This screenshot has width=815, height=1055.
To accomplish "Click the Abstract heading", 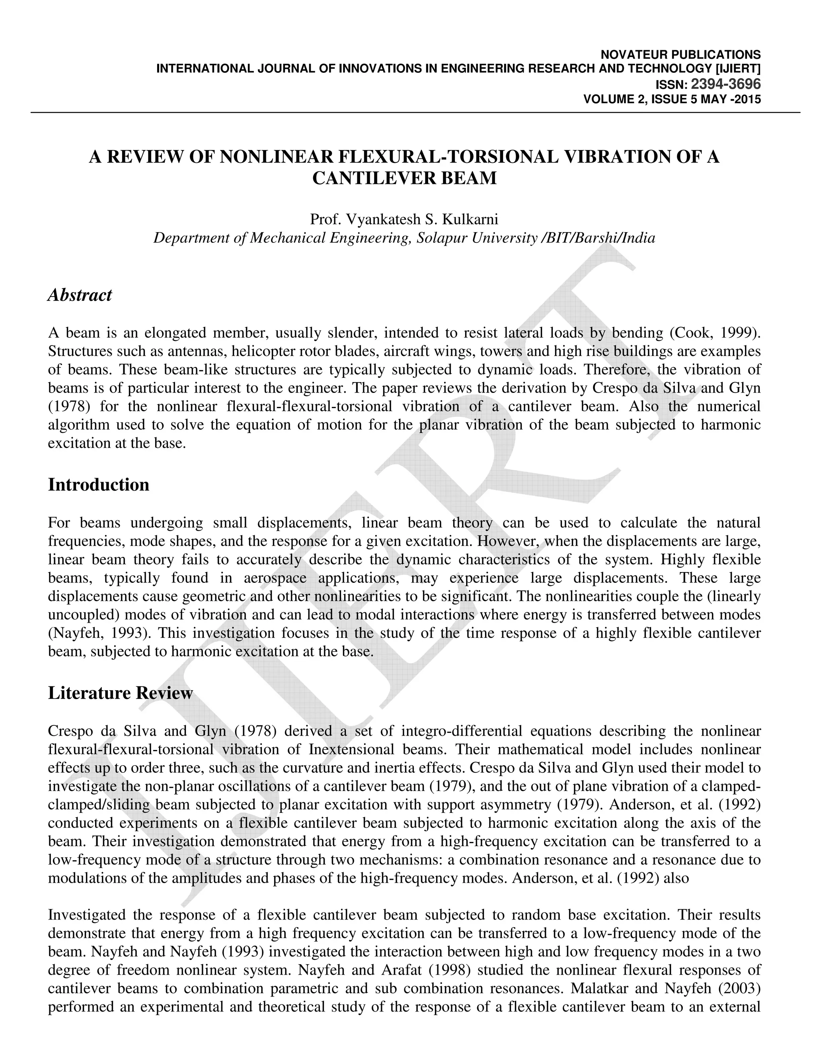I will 80,295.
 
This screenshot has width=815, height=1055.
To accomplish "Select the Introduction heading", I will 99,485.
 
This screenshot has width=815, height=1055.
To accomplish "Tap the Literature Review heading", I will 120,693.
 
